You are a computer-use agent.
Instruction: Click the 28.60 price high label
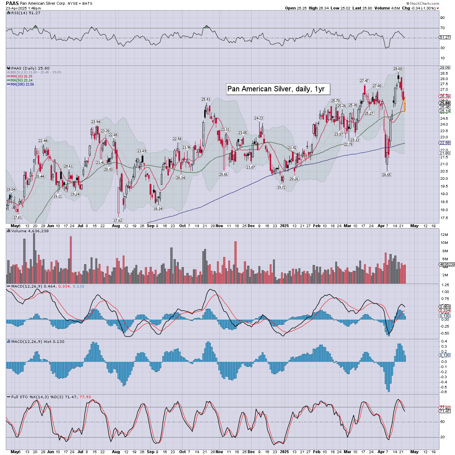point(397,68)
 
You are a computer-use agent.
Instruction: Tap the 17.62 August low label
point(118,220)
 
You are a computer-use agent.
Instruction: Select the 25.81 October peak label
point(206,99)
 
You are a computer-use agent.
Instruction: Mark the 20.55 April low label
point(386,175)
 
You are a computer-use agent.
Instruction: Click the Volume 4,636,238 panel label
point(30,231)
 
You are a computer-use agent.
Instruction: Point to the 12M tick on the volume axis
point(444,235)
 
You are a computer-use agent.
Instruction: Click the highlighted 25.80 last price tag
point(445,103)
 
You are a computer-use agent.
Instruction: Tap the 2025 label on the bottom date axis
point(284,452)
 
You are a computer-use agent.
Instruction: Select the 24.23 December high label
point(258,118)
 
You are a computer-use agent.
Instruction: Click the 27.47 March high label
point(364,81)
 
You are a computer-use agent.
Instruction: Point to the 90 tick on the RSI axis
point(442,17)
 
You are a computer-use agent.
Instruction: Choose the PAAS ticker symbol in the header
point(12,3)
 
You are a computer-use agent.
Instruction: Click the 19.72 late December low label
point(281,187)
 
